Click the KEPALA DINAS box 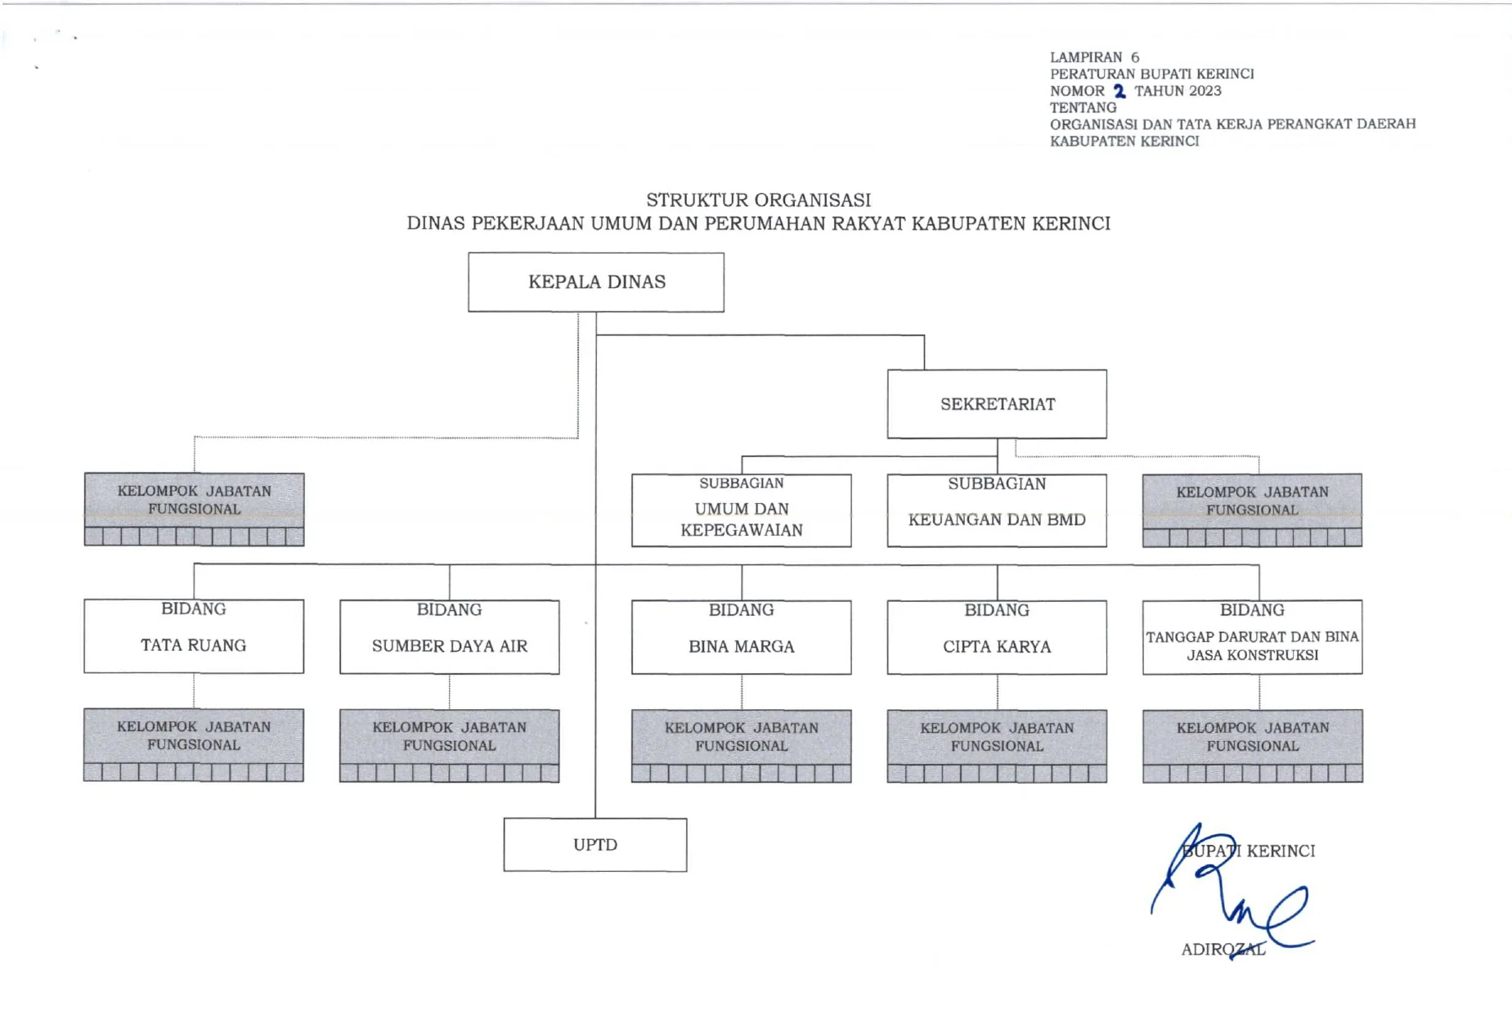(595, 282)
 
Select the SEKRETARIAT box (997, 404)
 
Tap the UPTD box (594, 845)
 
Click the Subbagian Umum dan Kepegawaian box (741, 510)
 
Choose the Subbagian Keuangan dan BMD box (997, 510)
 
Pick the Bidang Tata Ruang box (194, 636)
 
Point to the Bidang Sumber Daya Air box (449, 637)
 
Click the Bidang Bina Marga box (741, 637)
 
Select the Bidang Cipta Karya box (997, 637)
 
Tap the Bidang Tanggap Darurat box (1252, 637)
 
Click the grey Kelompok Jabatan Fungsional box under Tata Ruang (194, 744)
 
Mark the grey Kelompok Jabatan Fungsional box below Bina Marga (741, 745)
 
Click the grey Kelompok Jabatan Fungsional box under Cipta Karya (997, 745)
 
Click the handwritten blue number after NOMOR (1119, 91)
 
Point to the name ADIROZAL (1223, 950)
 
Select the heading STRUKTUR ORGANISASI (758, 200)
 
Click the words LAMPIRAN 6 (1094, 57)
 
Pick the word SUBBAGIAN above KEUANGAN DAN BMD (997, 484)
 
